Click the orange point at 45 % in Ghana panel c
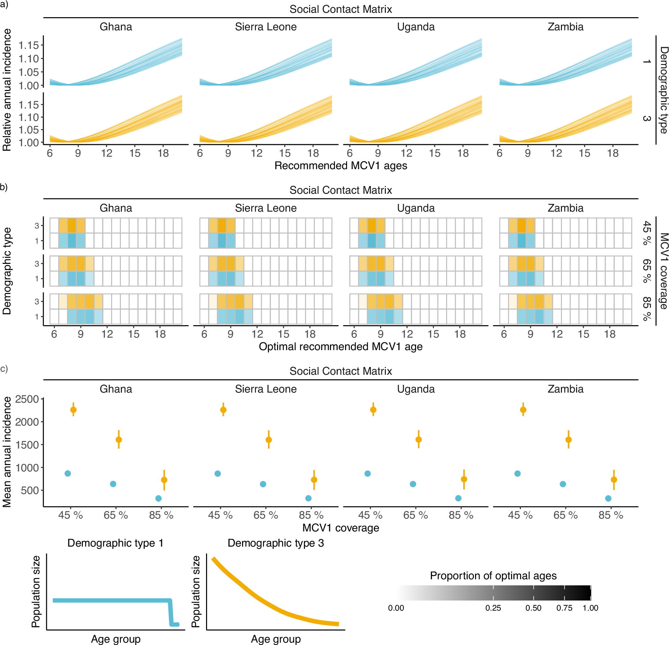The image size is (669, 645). (x=73, y=410)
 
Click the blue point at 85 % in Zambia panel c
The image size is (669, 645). (x=608, y=498)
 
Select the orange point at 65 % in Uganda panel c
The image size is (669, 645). (x=419, y=440)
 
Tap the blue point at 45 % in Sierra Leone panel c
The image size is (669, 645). (x=218, y=473)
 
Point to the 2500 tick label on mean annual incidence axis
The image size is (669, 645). (x=27, y=399)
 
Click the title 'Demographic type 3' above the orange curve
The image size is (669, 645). (x=275, y=543)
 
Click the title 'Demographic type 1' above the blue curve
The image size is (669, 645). (x=115, y=543)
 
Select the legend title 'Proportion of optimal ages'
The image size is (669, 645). (x=493, y=576)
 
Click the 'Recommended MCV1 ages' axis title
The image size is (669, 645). (x=341, y=166)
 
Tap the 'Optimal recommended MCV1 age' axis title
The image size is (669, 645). (x=341, y=347)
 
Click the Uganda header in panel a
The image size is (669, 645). (x=416, y=27)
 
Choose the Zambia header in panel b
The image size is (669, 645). (x=566, y=208)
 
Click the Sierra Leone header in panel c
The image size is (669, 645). (x=266, y=389)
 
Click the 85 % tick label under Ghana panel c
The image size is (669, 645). (x=161, y=515)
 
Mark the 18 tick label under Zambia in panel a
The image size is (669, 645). (x=613, y=153)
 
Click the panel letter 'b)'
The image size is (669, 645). (x=4, y=187)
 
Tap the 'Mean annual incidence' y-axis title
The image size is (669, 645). (x=7, y=452)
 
